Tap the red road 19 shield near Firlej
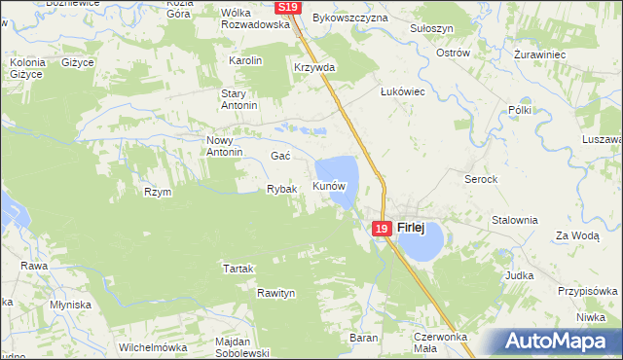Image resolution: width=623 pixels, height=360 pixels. pyautogui.click(x=381, y=229)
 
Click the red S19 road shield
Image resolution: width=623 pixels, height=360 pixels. pyautogui.click(x=286, y=7)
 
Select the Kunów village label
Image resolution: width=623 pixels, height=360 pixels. pyautogui.click(x=329, y=185)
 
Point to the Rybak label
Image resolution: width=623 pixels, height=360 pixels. pyautogui.click(x=281, y=189)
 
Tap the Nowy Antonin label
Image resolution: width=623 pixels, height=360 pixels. pyautogui.click(x=224, y=145)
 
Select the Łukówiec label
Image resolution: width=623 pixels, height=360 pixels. pyautogui.click(x=402, y=90)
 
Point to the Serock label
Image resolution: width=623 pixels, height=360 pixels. pyautogui.click(x=481, y=180)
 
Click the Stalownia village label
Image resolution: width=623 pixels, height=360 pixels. pyautogui.click(x=515, y=220)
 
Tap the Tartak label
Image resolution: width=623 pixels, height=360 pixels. pyautogui.click(x=238, y=269)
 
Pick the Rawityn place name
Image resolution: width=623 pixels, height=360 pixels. pyautogui.click(x=275, y=293)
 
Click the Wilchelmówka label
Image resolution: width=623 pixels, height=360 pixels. pyautogui.click(x=152, y=347)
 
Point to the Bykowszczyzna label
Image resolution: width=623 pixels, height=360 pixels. pyautogui.click(x=350, y=18)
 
